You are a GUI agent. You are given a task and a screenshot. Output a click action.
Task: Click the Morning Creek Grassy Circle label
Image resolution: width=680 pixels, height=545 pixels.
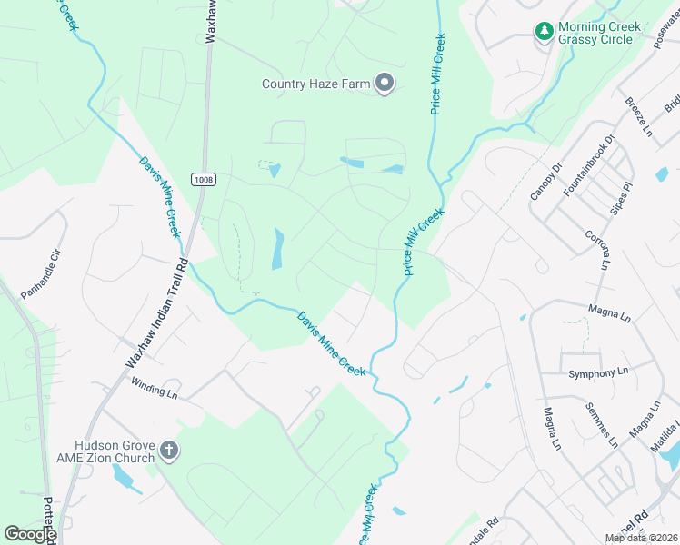coord(599,34)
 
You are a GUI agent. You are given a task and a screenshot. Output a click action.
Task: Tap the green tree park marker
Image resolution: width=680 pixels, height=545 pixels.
coord(545,32)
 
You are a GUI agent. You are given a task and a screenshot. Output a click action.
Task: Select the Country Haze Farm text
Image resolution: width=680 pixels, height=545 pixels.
coord(316,84)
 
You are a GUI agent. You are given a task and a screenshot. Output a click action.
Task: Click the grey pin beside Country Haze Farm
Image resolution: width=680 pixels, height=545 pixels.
coord(385,84)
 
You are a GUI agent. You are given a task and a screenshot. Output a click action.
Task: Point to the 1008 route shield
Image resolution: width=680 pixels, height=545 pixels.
coord(204,180)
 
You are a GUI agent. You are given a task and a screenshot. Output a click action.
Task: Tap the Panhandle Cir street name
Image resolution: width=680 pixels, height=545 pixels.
coord(42,271)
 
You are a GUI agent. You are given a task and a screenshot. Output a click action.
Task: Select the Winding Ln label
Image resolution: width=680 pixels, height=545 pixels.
coord(153,388)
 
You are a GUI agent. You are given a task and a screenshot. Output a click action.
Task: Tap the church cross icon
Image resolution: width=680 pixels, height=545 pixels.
coord(168,450)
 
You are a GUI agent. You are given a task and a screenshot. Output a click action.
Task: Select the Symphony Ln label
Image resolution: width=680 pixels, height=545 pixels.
coord(598,372)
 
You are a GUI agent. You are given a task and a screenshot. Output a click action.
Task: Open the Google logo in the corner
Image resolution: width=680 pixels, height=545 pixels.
coord(29,534)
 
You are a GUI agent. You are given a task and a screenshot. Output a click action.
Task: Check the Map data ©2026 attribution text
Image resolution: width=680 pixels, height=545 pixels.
coord(640,538)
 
